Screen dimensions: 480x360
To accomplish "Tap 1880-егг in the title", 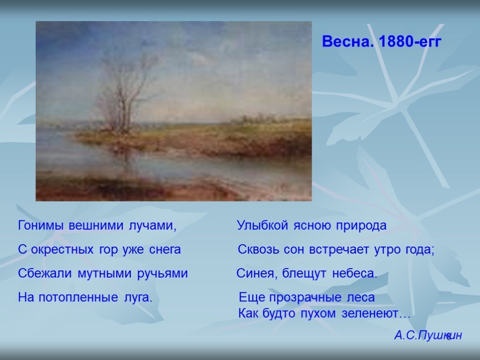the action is (410, 41).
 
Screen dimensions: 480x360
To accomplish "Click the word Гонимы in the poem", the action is (41, 225).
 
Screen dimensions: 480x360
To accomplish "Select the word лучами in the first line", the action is (152, 225).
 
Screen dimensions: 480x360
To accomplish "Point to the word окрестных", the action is (62, 250).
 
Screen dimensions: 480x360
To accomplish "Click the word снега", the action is (165, 250).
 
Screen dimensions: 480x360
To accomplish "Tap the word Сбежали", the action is (45, 273).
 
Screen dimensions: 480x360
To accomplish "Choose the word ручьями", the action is (162, 273).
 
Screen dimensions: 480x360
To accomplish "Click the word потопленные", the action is (78, 297).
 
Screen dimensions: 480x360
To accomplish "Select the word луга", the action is (138, 297).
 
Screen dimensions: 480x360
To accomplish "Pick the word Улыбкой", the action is (262, 225).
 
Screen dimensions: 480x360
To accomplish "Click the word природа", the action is (361, 225).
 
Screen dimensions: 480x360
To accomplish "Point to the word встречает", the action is (339, 250).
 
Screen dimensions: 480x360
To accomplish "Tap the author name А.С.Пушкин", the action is (428, 336).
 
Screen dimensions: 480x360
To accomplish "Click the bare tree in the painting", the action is (122, 95).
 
